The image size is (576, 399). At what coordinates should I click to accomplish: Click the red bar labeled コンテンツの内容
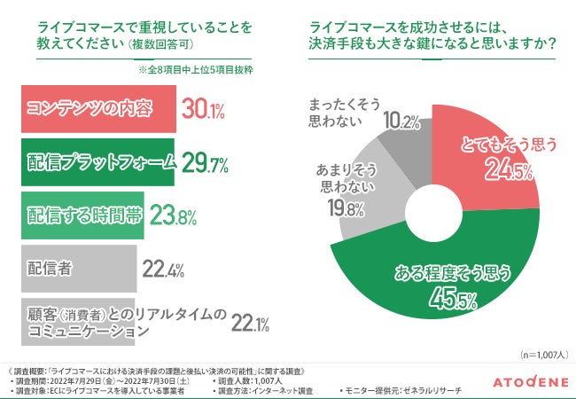coord(97,109)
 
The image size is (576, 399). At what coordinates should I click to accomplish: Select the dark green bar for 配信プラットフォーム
coord(97,162)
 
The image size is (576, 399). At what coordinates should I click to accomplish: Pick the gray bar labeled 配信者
coord(75,267)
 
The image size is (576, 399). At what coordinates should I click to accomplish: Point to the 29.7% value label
coord(205,162)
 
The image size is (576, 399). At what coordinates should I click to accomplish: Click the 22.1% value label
coord(250,323)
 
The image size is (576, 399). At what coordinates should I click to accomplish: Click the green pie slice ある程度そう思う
coord(443,266)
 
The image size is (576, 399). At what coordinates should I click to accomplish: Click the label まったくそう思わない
coord(341,112)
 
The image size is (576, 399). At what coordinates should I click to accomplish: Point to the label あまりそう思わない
coord(332,176)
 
